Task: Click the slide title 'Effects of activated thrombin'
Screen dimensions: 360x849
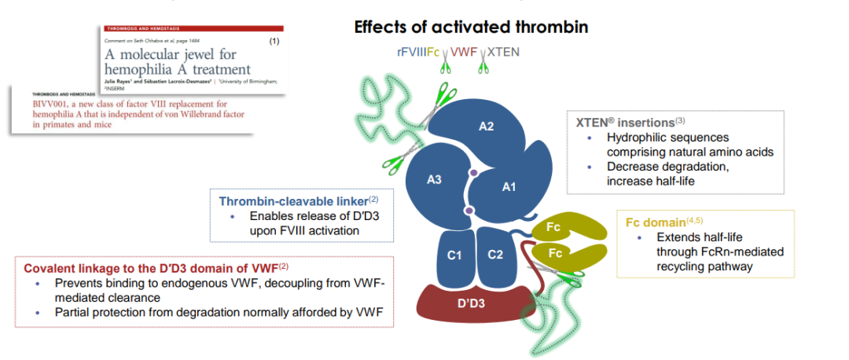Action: click(471, 27)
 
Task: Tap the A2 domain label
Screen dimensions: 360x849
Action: click(487, 126)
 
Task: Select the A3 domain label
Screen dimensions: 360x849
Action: click(434, 179)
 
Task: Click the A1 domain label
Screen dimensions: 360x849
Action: click(509, 186)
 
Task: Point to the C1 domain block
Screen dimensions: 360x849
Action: click(454, 255)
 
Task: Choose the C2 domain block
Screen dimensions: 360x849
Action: click(495, 255)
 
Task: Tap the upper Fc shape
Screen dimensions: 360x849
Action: click(555, 229)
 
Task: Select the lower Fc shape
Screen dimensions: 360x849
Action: click(555, 253)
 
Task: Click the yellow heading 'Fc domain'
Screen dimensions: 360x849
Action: click(657, 222)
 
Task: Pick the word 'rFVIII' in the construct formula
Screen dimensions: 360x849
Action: click(411, 53)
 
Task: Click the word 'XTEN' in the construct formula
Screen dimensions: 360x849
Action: click(503, 53)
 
